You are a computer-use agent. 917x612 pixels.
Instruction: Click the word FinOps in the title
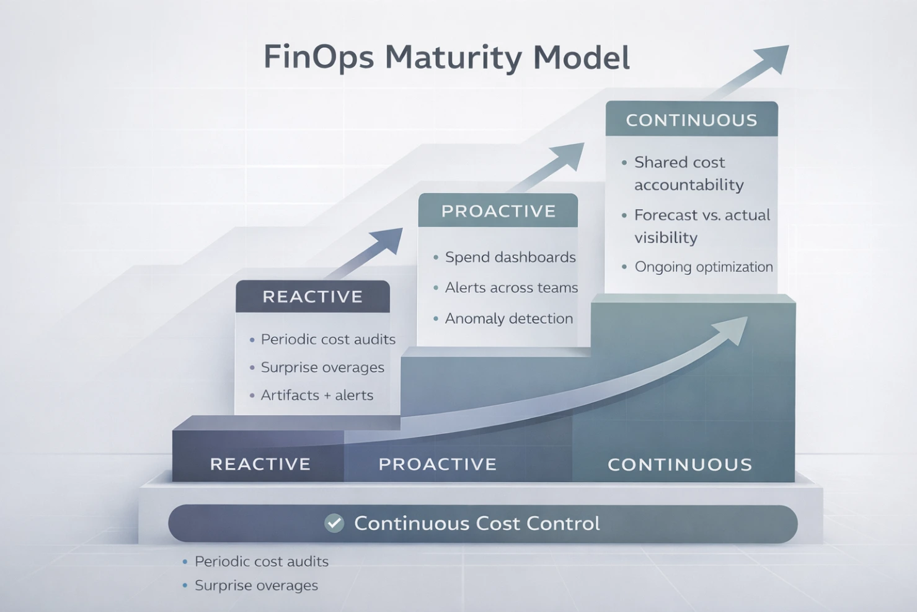(x=319, y=58)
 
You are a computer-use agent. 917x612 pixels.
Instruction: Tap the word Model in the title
(x=581, y=58)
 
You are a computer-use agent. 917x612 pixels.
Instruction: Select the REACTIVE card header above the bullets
(x=312, y=297)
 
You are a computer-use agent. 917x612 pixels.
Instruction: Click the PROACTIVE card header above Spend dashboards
(x=498, y=211)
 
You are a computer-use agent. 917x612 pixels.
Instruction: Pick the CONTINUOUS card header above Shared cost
(x=691, y=120)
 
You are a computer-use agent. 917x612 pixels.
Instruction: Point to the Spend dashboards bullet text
(x=510, y=257)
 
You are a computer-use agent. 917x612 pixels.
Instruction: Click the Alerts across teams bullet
(x=511, y=287)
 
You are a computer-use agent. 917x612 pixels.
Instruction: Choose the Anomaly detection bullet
(x=508, y=318)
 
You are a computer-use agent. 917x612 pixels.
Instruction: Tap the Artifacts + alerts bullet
(x=317, y=395)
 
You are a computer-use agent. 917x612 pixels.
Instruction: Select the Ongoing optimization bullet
(x=703, y=267)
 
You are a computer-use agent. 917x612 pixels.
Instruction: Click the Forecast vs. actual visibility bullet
(x=701, y=226)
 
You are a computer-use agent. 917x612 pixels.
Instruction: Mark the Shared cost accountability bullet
(x=688, y=173)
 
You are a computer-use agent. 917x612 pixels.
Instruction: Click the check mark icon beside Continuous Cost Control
(x=334, y=523)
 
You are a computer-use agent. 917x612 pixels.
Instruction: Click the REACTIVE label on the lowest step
(x=260, y=464)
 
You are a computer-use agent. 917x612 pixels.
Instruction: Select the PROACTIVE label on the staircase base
(x=437, y=464)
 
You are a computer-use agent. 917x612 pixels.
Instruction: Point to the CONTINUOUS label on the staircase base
(x=680, y=465)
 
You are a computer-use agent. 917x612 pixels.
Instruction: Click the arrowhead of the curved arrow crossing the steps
(x=735, y=328)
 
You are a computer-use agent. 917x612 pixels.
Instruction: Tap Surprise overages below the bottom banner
(x=256, y=585)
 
